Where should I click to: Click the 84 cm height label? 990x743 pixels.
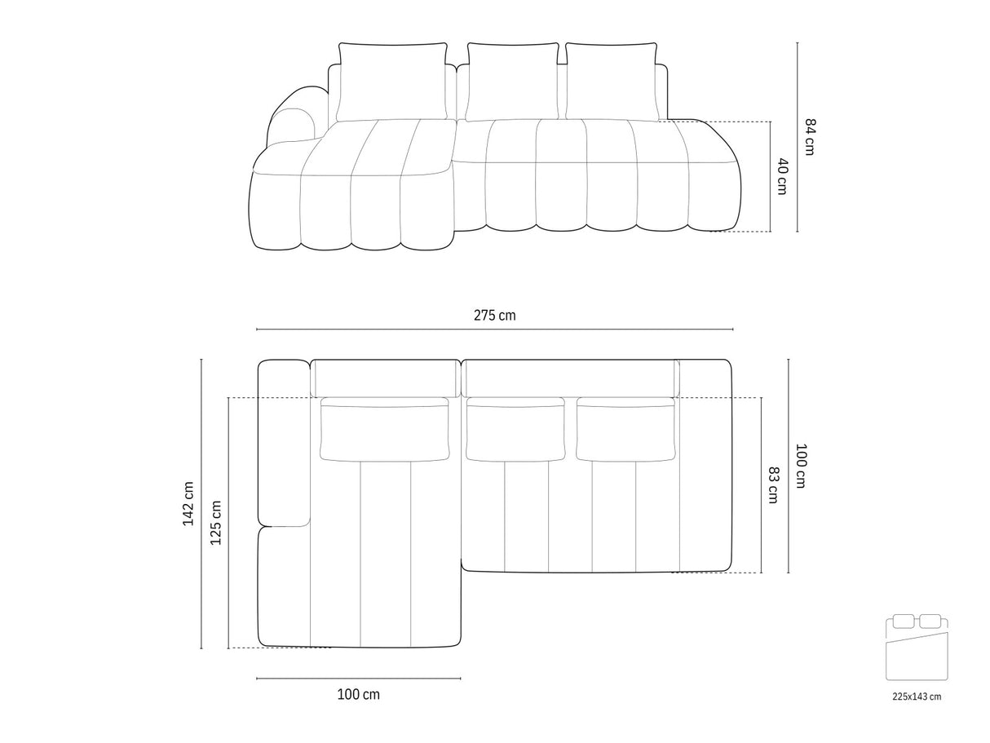click(x=810, y=136)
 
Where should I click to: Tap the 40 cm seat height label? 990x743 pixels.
click(x=782, y=175)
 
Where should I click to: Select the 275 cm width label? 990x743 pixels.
click(x=494, y=315)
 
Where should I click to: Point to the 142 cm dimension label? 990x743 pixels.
click(x=189, y=503)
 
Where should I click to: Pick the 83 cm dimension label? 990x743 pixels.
click(x=772, y=484)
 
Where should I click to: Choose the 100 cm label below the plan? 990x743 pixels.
click(x=358, y=695)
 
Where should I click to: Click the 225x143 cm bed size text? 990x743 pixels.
click(x=917, y=697)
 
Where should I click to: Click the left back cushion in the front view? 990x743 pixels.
click(x=392, y=82)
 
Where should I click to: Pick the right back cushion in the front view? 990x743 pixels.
click(x=612, y=82)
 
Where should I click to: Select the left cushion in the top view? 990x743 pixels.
click(x=386, y=429)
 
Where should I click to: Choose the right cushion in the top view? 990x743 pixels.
click(x=626, y=429)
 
